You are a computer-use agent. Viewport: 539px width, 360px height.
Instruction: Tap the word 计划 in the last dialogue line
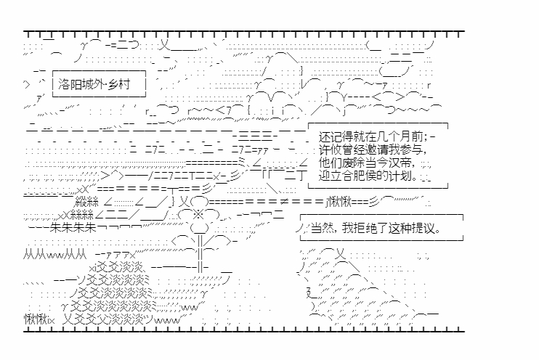click(x=402, y=176)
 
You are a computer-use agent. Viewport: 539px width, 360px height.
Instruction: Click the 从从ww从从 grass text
click(x=55, y=254)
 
